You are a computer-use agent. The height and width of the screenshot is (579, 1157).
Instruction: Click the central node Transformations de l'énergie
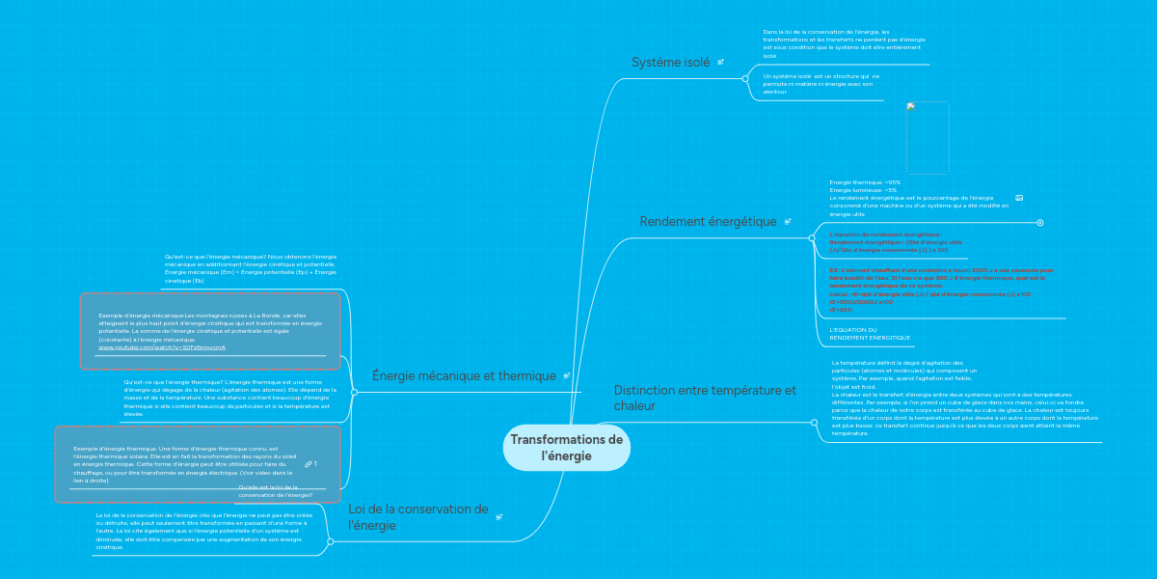[567, 448]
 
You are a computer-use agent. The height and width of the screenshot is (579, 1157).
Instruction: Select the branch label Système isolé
[670, 63]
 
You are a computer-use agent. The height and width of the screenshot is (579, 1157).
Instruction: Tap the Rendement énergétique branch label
[708, 222]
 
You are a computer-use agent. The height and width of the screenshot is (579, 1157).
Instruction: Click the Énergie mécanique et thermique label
[464, 376]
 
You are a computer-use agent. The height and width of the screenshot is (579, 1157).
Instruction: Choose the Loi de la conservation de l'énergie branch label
[418, 516]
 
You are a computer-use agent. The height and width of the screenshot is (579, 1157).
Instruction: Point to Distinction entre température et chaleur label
[705, 398]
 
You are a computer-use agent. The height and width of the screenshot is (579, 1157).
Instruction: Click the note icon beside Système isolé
[720, 63]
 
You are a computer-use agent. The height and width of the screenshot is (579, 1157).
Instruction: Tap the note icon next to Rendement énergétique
[788, 222]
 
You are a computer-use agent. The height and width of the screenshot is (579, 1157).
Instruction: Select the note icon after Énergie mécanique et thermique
[566, 376]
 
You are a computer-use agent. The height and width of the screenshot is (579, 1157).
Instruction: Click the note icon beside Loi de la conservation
[499, 517]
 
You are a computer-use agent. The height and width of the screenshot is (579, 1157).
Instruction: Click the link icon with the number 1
[310, 464]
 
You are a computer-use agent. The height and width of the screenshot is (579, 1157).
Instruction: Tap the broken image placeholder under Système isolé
[928, 138]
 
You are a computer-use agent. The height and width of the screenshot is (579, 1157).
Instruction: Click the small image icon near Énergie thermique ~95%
[1019, 198]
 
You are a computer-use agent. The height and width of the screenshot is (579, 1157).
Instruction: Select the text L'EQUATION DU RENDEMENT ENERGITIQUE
[870, 334]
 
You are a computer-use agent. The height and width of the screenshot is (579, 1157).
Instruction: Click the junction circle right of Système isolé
[745, 79]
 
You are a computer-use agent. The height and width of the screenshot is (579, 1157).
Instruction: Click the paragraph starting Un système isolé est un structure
[821, 84]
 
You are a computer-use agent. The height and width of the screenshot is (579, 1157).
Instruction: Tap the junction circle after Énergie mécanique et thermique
[355, 392]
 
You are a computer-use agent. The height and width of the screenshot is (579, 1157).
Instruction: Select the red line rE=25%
[841, 310]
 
